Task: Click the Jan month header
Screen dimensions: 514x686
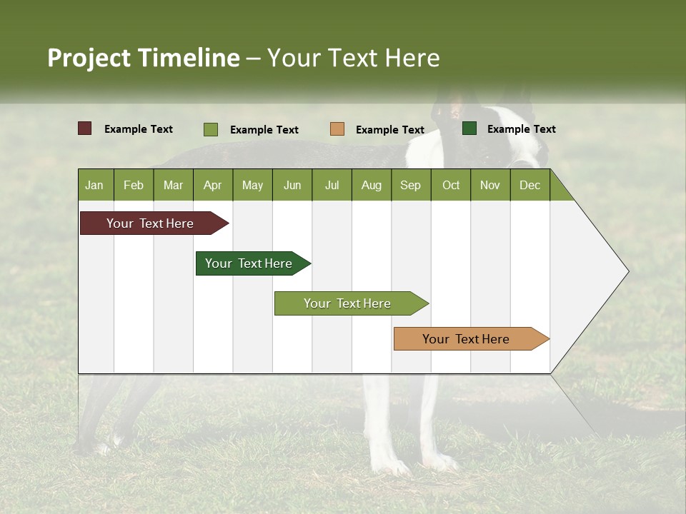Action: pyautogui.click(x=95, y=185)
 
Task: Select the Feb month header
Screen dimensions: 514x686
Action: pyautogui.click(x=134, y=185)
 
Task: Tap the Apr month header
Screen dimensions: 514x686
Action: pyautogui.click(x=213, y=185)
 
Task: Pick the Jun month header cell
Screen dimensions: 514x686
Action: pyautogui.click(x=292, y=185)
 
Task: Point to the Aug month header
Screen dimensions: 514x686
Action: pyautogui.click(x=372, y=185)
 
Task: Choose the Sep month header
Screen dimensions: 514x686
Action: pyautogui.click(x=411, y=185)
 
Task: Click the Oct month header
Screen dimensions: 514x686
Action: pyautogui.click(x=451, y=185)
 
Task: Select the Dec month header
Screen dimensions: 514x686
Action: pyautogui.click(x=530, y=185)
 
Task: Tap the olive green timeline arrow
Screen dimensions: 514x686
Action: pyautogui.click(x=348, y=303)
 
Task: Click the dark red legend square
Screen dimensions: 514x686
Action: pyautogui.click(x=85, y=128)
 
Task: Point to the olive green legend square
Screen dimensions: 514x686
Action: pyautogui.click(x=211, y=129)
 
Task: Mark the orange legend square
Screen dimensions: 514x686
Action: pyautogui.click(x=337, y=128)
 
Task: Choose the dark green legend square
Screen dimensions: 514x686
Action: pyautogui.click(x=469, y=128)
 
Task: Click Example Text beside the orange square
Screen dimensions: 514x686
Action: pyautogui.click(x=390, y=130)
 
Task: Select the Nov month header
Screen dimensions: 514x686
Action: pyautogui.click(x=490, y=185)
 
